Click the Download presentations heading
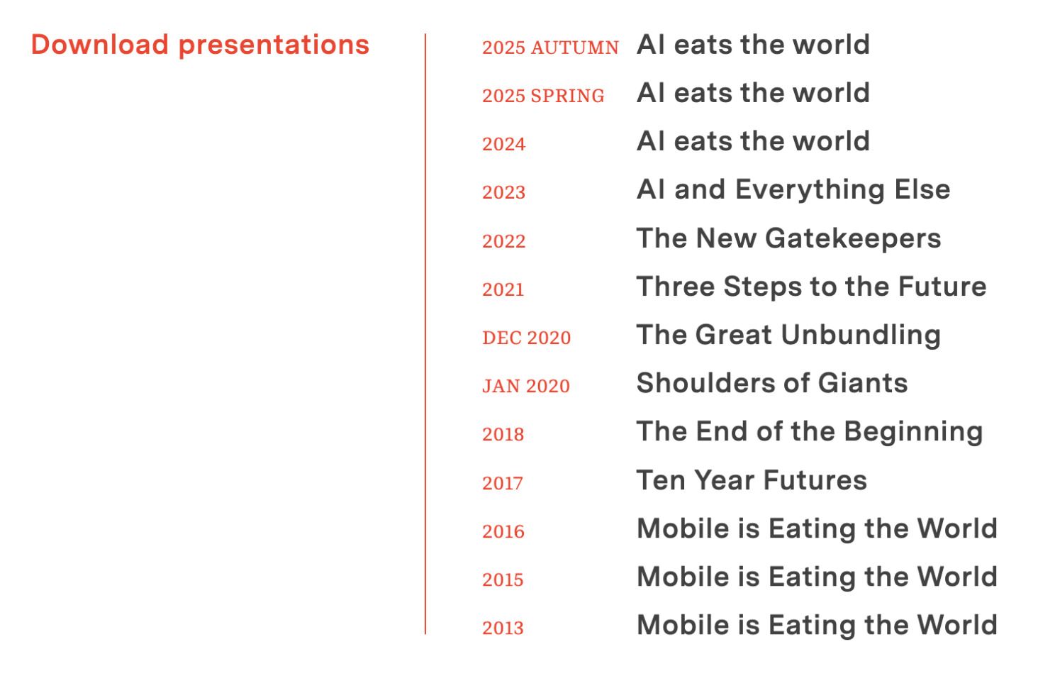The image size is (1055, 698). [x=200, y=45]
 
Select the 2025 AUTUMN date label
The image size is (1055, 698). [x=550, y=48]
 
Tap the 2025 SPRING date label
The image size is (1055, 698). [x=543, y=96]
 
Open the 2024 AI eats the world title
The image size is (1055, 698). [x=753, y=141]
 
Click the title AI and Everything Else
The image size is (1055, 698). [x=793, y=190]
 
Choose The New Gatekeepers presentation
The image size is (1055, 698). [x=789, y=238]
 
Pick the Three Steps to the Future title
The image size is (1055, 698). [x=812, y=287]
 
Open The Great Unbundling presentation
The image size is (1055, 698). [x=789, y=335]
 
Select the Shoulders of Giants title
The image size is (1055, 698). [x=772, y=383]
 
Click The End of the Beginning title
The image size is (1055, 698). [x=810, y=432]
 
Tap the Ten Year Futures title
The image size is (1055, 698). [x=752, y=480]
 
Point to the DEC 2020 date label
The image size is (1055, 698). [x=527, y=338]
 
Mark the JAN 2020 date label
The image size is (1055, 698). [x=526, y=386]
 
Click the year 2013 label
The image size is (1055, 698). [x=503, y=628]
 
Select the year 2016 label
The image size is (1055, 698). [x=503, y=531]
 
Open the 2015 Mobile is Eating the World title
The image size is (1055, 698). [x=817, y=577]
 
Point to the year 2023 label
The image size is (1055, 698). [x=503, y=192]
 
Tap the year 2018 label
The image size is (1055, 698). [x=503, y=434]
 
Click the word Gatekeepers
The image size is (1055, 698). [x=853, y=239]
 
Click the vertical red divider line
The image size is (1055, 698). [x=425, y=334]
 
